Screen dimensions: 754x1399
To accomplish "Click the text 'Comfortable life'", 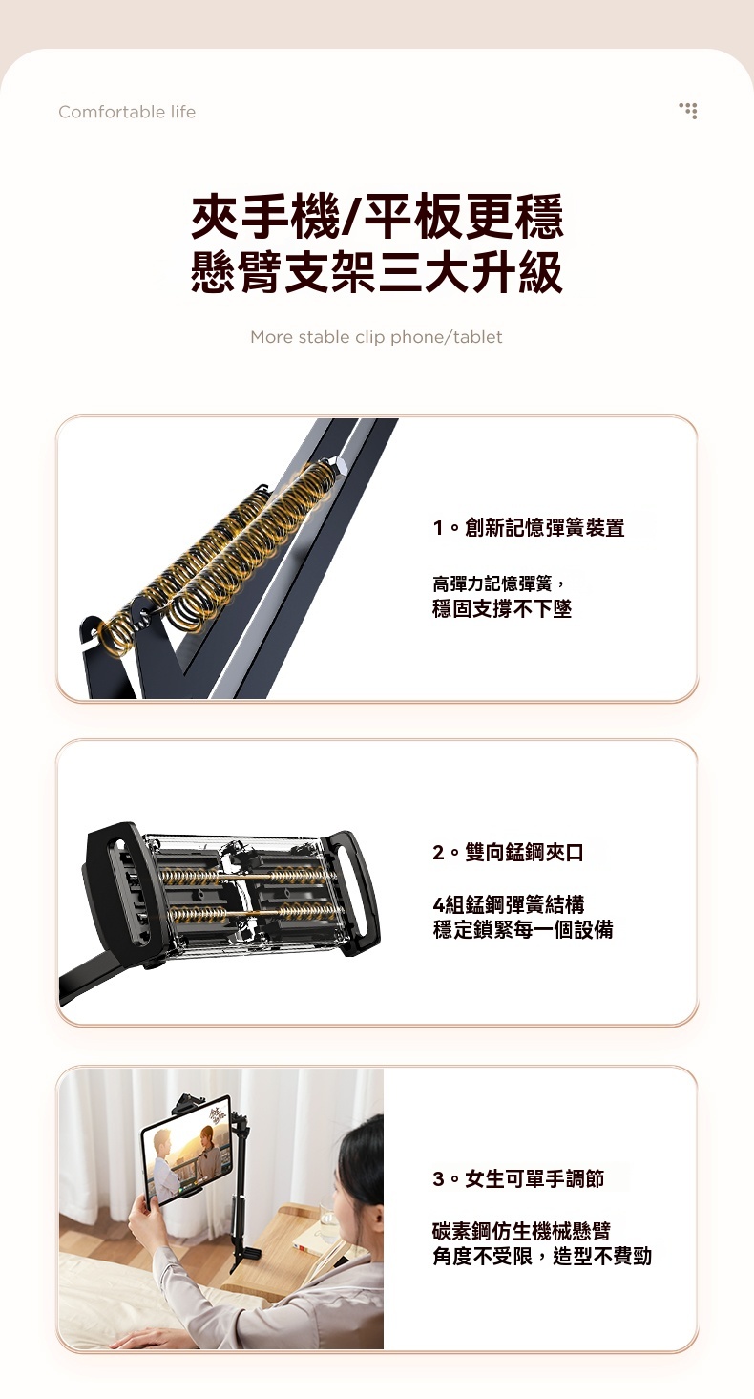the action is point(127,112).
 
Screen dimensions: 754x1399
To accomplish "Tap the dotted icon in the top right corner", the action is point(688,111).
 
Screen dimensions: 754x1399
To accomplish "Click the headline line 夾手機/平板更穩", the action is point(377,216).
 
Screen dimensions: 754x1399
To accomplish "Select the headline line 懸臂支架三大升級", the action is point(377,271).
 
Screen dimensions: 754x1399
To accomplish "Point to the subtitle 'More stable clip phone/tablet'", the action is point(376,337).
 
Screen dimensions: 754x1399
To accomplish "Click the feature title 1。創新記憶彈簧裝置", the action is point(529,528).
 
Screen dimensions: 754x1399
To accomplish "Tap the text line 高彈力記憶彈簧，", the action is point(499,583).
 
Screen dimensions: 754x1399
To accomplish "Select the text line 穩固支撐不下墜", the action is point(502,608).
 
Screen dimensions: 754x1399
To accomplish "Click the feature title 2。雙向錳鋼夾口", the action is point(508,852).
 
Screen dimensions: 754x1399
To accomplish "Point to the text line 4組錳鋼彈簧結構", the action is point(509,903).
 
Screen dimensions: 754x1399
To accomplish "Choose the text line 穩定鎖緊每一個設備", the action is point(523,929).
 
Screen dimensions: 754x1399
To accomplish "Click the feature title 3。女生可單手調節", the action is point(518,1178).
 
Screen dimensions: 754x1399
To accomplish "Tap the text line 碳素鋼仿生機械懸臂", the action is point(521,1231).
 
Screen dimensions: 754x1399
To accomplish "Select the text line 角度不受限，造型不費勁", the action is point(542,1256).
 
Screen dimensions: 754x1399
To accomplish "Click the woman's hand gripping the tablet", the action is point(145,1214).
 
